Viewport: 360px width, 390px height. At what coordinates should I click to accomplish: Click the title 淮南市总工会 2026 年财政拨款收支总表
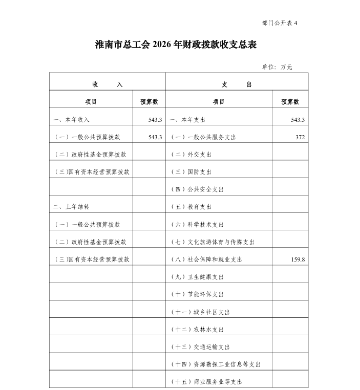(x=176, y=45)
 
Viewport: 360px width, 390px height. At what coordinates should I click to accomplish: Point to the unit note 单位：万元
(x=277, y=67)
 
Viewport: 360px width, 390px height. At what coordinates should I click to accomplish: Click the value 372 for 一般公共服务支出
(x=300, y=137)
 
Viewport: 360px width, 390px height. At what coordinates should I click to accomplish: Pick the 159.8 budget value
(x=297, y=259)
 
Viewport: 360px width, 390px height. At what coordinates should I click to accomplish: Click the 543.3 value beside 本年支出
(x=298, y=120)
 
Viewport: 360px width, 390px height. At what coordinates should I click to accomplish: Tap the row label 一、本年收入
(x=71, y=120)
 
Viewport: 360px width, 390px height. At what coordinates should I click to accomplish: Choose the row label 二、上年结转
(x=71, y=207)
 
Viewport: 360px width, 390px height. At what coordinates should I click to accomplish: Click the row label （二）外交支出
(x=190, y=155)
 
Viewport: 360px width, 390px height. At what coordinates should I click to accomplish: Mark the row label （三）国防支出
(x=190, y=172)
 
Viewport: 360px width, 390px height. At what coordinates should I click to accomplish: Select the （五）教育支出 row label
(x=190, y=207)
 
